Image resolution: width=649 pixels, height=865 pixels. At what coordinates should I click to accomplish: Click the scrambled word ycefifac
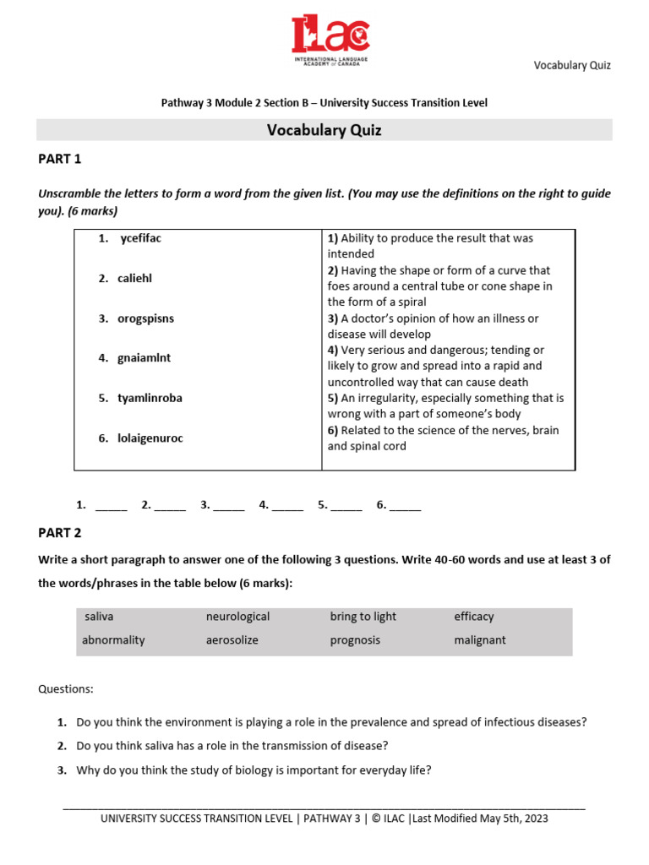point(140,238)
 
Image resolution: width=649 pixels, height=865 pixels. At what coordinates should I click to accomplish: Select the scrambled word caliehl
point(135,278)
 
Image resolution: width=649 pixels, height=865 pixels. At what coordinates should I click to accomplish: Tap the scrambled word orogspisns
point(145,318)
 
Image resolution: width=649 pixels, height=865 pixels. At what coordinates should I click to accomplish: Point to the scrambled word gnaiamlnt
point(145,358)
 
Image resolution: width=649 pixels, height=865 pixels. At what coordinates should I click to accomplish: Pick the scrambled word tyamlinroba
point(150,398)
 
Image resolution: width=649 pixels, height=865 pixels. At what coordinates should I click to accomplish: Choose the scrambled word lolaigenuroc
point(150,438)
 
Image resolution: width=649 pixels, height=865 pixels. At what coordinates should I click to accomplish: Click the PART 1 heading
point(60,159)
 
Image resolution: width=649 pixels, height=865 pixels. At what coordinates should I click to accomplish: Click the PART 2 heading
point(60,533)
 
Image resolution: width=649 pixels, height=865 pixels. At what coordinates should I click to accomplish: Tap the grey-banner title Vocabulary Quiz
point(324,130)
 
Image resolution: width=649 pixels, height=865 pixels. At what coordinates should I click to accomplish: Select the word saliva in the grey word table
point(99,617)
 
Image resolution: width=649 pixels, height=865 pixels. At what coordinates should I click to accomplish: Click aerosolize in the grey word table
point(232,640)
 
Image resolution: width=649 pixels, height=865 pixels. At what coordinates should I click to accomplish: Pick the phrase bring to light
point(363,617)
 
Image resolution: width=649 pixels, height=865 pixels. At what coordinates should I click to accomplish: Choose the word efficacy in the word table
point(473,617)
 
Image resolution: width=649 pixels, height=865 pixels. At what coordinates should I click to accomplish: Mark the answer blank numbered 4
point(287,506)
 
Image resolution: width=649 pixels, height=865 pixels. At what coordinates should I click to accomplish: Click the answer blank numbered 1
point(111,506)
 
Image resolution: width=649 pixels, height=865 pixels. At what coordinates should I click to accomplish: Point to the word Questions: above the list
point(66,689)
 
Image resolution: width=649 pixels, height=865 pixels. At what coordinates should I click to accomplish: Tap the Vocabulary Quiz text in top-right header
point(571,66)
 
